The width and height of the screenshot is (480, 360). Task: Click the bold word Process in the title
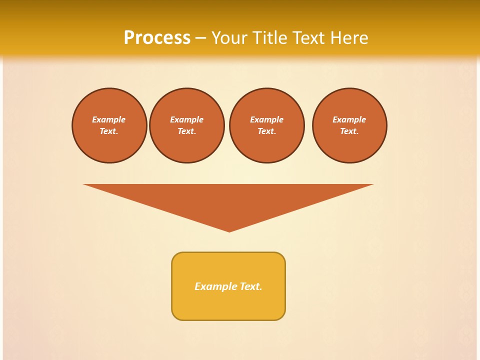tap(157, 37)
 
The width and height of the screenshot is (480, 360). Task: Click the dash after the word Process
tap(200, 38)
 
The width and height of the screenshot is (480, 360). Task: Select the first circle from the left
tap(109, 125)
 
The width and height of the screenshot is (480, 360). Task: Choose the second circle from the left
tap(187, 125)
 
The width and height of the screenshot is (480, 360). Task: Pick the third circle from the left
tap(267, 125)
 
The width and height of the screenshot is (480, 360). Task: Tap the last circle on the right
tap(349, 125)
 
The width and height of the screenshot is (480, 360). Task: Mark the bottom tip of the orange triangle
tap(229, 231)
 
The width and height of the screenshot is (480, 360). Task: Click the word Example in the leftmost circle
tap(109, 119)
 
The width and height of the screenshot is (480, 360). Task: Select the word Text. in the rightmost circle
tap(349, 131)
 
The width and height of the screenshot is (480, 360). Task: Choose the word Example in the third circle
tap(267, 119)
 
